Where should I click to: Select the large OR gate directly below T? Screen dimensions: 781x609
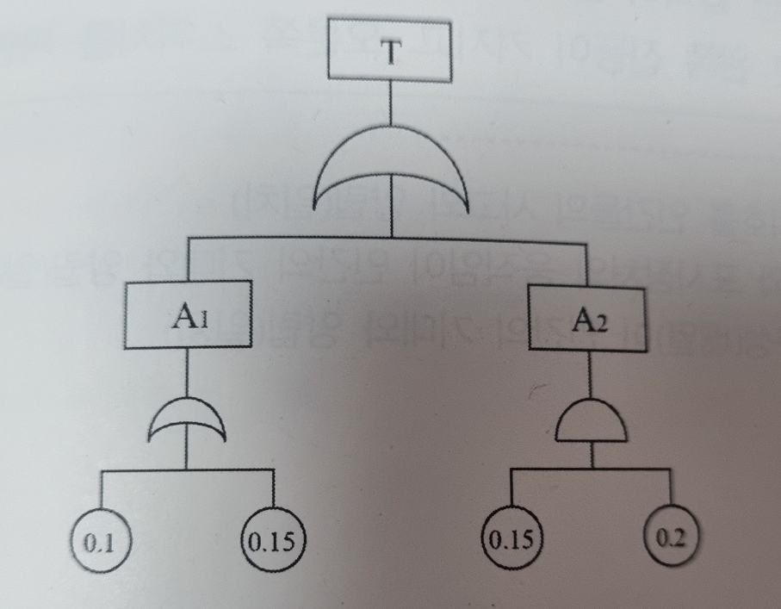392,177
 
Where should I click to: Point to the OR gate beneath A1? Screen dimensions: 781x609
188,420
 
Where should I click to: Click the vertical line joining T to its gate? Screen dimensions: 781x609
391,108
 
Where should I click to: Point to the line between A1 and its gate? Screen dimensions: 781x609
188,373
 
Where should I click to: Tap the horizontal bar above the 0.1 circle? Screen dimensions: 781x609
138,470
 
